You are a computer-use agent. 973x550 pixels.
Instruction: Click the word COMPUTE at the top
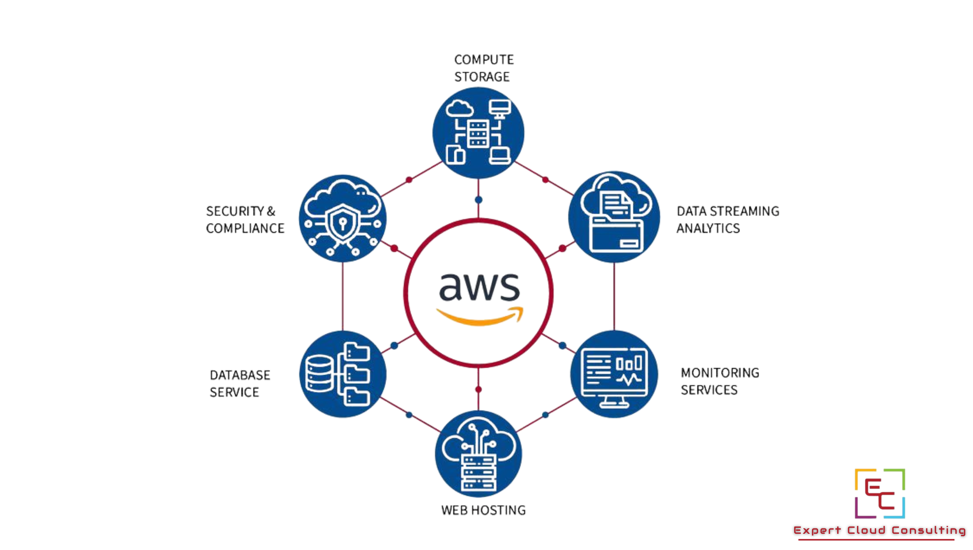pos(484,60)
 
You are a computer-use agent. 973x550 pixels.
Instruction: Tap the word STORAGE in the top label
pos(482,77)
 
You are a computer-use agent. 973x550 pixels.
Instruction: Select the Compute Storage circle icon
pos(478,133)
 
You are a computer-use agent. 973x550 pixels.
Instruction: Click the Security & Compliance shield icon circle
pos(343,219)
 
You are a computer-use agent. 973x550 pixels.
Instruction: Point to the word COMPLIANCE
pos(245,228)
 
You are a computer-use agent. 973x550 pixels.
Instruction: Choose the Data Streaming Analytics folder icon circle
pos(614,217)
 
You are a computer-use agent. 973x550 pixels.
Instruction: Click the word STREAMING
pos(744,211)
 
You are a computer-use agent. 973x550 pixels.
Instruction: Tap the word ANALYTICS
pos(708,228)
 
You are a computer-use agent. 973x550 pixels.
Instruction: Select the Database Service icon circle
pos(343,374)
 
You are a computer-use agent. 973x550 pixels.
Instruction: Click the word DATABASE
pos(240,375)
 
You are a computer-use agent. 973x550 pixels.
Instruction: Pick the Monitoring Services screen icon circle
pos(614,374)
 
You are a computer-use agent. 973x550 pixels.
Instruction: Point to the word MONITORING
pos(720,373)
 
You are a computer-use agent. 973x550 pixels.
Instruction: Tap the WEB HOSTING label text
pos(483,510)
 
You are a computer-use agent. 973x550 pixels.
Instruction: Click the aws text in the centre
pos(479,287)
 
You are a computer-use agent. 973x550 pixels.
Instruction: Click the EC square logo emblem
pos(880,493)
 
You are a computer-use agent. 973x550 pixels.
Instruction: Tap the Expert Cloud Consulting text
pos(879,530)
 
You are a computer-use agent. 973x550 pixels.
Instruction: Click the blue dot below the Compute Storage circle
pos(479,199)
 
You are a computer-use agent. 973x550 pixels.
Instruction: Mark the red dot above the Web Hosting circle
pos(479,389)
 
